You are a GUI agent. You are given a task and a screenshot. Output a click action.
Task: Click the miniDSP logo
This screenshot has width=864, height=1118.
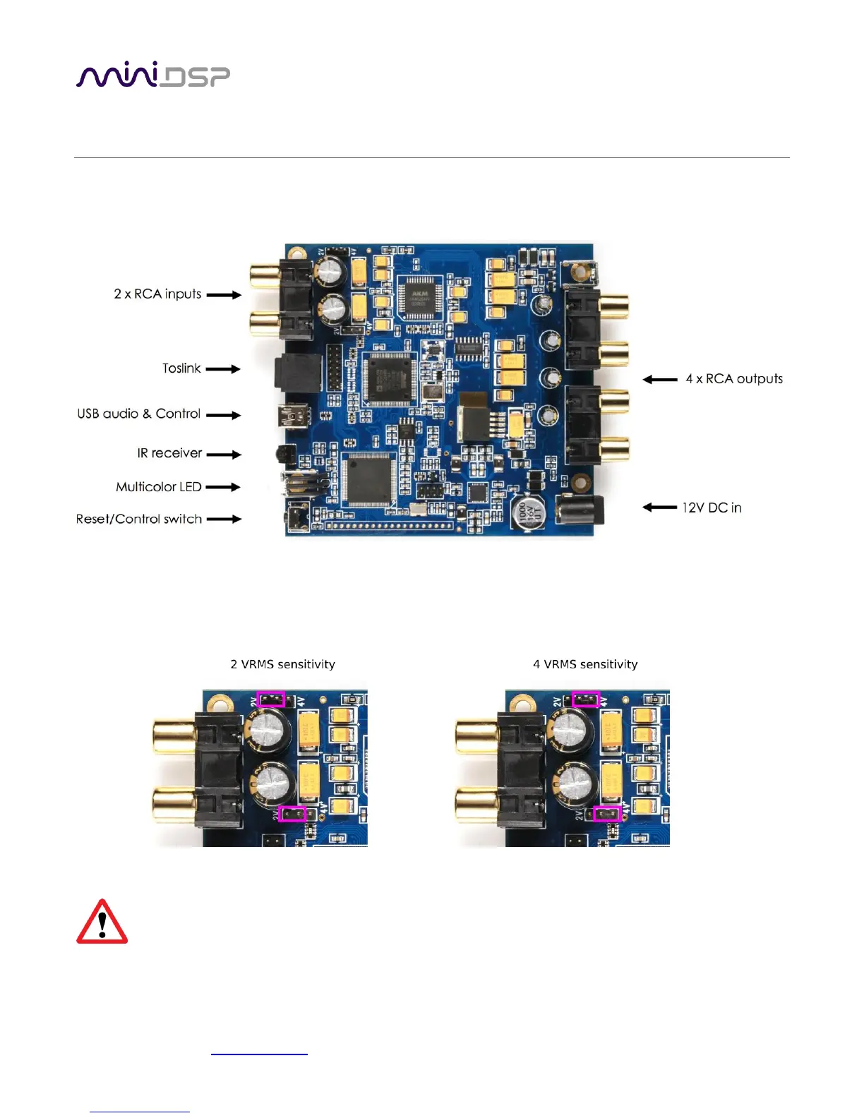[152, 75]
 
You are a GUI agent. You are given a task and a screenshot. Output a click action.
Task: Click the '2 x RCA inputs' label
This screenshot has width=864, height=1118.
[157, 294]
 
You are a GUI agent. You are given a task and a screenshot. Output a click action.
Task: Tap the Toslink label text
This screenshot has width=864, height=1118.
[181, 368]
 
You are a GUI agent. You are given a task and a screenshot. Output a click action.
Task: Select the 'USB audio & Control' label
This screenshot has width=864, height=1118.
[139, 414]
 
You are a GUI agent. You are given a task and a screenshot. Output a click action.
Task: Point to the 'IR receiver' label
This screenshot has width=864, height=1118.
[169, 453]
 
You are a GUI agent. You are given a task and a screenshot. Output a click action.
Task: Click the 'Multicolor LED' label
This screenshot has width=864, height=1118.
[159, 487]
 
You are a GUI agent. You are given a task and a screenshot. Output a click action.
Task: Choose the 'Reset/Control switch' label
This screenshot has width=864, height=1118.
[139, 519]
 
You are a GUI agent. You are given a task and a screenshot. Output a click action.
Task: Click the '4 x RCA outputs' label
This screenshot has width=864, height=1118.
[734, 379]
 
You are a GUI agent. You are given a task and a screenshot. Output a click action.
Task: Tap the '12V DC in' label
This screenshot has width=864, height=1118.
[712, 507]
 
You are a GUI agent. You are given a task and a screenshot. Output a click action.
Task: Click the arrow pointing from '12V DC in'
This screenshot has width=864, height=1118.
[659, 507]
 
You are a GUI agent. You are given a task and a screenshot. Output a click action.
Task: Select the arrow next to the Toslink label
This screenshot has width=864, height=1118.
[223, 369]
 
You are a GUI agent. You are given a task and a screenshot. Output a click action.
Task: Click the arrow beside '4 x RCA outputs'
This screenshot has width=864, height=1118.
[660, 380]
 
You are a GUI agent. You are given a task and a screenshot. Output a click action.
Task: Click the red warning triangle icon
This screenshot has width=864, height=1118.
[102, 922]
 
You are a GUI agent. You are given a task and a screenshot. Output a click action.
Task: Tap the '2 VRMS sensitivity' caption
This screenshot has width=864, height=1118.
[282, 664]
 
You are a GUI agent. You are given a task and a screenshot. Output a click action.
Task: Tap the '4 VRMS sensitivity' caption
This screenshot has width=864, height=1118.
[585, 664]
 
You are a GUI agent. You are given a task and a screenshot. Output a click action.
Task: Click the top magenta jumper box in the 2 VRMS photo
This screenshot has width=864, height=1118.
[270, 699]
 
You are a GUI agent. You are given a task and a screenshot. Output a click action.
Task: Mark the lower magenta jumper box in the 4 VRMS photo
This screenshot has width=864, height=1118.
[606, 814]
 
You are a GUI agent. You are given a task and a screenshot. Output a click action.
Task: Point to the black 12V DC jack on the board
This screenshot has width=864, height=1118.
[580, 510]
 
